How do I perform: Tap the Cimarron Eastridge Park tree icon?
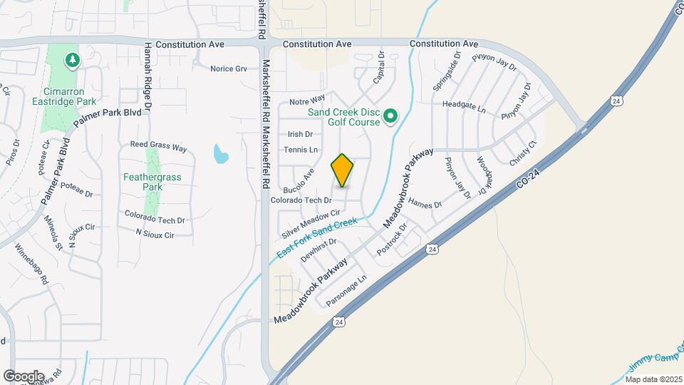click(x=71, y=61)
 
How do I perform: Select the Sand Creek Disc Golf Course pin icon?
click(x=390, y=115)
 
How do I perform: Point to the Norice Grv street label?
click(x=228, y=68)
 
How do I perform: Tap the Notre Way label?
click(x=307, y=98)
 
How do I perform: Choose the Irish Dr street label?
click(x=300, y=134)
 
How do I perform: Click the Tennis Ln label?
click(x=300, y=150)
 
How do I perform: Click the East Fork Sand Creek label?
click(x=316, y=237)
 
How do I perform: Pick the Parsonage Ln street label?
click(x=346, y=292)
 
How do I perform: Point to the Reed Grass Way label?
click(x=157, y=148)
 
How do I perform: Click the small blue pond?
click(x=221, y=153)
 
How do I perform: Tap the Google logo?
click(x=24, y=376)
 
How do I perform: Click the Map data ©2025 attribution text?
click(x=651, y=379)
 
